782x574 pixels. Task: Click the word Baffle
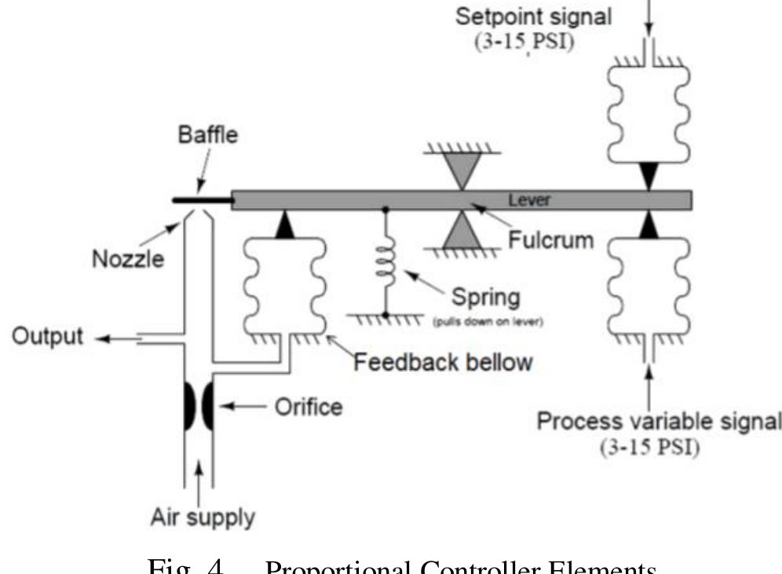coord(203,134)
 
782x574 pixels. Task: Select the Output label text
coord(47,337)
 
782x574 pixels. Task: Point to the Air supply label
coord(202,517)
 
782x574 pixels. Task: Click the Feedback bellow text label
coord(443,362)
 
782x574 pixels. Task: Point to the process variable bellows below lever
coord(649,283)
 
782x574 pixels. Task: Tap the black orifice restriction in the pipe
coord(199,407)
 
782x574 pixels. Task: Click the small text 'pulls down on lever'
coord(480,320)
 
